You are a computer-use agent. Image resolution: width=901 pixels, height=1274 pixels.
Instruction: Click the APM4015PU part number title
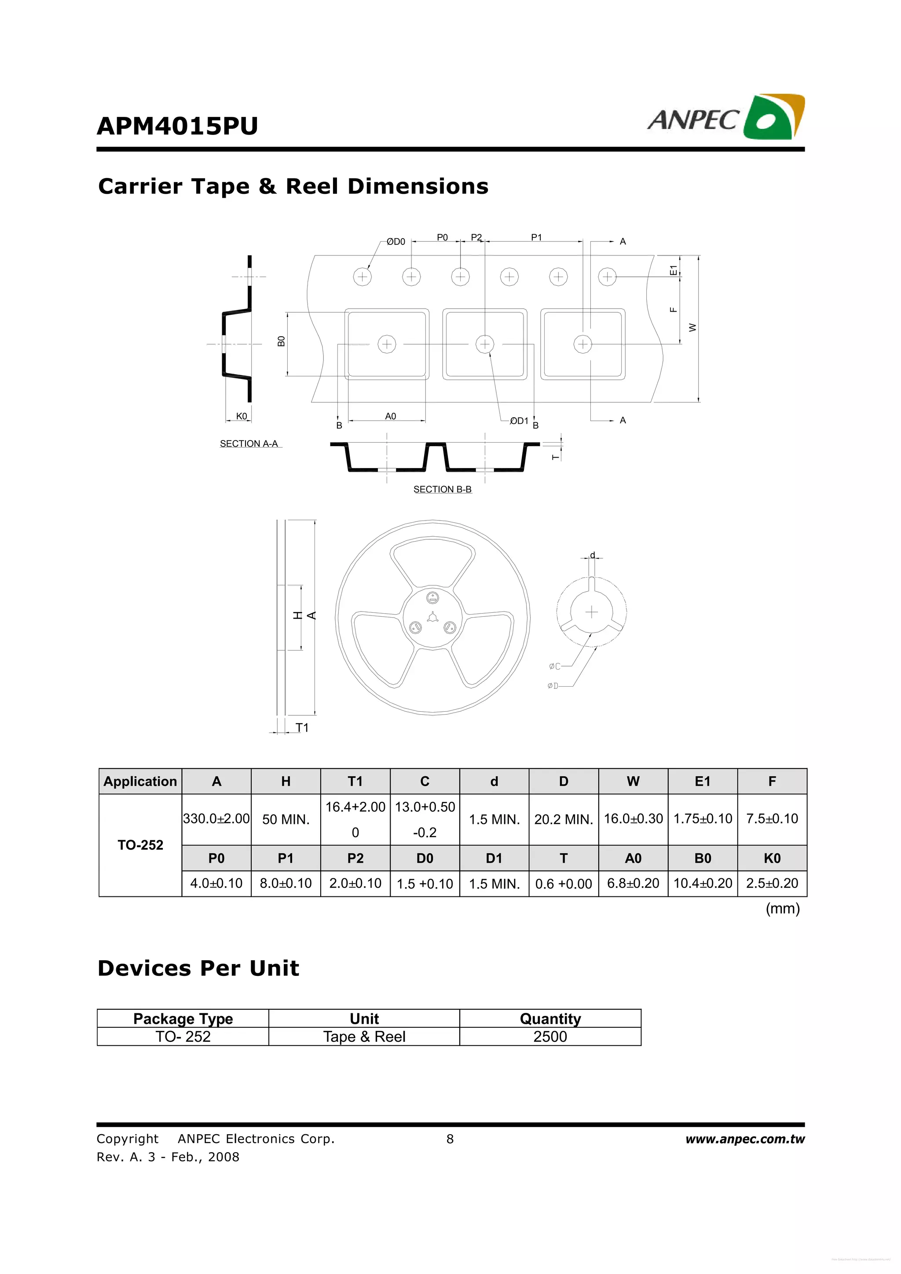(x=177, y=126)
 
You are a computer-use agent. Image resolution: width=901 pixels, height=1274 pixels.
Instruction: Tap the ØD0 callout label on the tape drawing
(x=396, y=242)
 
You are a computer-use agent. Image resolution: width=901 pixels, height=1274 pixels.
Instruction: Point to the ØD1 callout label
(x=519, y=421)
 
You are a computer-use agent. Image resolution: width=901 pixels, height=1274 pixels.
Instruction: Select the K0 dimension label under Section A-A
(x=242, y=416)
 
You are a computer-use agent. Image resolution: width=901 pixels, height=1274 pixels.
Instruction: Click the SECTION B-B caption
(x=442, y=489)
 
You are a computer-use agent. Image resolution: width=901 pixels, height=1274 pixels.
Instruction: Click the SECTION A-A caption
(x=249, y=444)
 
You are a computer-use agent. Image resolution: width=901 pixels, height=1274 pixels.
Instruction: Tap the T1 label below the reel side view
(x=301, y=728)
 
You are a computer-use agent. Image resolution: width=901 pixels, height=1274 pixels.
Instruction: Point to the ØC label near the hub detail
(x=554, y=666)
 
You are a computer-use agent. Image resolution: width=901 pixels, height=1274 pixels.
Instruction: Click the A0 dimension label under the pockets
(x=390, y=416)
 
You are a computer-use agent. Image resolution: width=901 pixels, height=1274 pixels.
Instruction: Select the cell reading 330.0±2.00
(x=216, y=819)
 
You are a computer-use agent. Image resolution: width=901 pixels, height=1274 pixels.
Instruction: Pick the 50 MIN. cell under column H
(x=286, y=819)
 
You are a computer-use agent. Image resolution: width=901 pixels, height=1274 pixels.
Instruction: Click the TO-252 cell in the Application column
(x=140, y=845)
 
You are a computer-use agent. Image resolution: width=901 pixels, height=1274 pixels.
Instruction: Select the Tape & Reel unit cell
(x=364, y=1037)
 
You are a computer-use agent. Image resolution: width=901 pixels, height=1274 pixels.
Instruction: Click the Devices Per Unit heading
(x=198, y=968)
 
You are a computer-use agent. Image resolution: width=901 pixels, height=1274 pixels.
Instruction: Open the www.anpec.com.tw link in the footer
(x=744, y=1139)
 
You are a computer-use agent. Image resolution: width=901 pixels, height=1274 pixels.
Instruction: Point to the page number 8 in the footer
(x=450, y=1139)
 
